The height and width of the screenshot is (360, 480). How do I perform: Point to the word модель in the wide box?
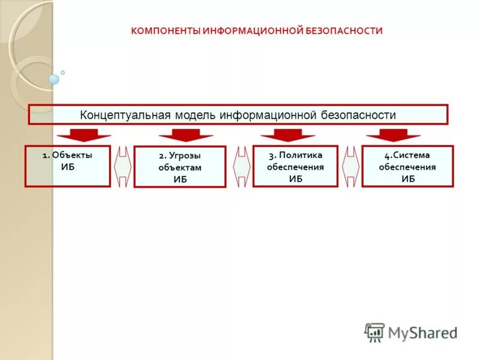(x=195, y=115)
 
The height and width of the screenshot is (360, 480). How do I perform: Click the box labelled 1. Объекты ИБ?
(x=67, y=166)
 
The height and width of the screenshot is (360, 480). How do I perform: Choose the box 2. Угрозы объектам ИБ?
(x=179, y=167)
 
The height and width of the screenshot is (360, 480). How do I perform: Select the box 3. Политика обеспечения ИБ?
(x=295, y=166)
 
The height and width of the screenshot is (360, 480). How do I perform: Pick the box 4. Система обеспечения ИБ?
(x=407, y=166)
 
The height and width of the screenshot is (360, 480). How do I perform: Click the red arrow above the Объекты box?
(x=84, y=134)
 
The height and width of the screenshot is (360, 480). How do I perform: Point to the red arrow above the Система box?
(x=394, y=134)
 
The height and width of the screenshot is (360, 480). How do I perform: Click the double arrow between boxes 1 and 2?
(x=122, y=166)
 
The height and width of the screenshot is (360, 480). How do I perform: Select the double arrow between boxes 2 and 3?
(x=240, y=166)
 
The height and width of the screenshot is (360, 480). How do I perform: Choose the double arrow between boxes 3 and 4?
(x=350, y=166)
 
